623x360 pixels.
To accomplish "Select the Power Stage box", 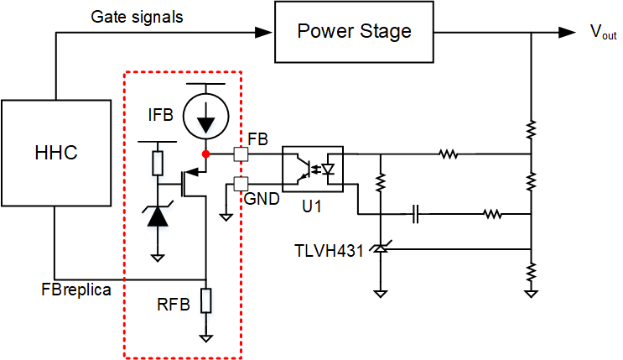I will point(355,32).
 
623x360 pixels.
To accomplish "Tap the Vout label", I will point(603,33).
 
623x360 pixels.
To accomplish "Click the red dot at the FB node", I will point(205,154).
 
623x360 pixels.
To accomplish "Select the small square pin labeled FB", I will point(240,154).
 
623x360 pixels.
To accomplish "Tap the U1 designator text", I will point(311,206).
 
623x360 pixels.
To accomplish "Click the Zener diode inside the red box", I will point(157,217).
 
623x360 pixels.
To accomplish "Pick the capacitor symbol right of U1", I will point(416,214).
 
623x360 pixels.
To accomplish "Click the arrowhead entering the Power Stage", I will point(268,33).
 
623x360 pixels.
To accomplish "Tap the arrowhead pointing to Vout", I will point(572,33).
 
